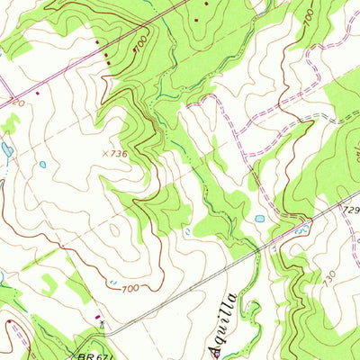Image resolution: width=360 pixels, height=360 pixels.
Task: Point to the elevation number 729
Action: tap(350, 209)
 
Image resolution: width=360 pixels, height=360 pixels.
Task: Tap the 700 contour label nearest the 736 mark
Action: tap(140, 42)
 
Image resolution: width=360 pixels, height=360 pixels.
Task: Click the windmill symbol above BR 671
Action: tap(104, 321)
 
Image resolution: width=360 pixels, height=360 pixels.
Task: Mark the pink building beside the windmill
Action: tap(97, 316)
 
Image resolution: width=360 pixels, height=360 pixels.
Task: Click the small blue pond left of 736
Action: tap(42, 165)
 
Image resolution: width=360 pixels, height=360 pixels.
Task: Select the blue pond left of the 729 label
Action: tap(259, 219)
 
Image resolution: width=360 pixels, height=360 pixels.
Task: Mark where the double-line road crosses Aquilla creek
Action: tap(256, 251)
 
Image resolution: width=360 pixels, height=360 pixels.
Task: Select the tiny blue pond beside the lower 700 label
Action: tap(112, 283)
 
